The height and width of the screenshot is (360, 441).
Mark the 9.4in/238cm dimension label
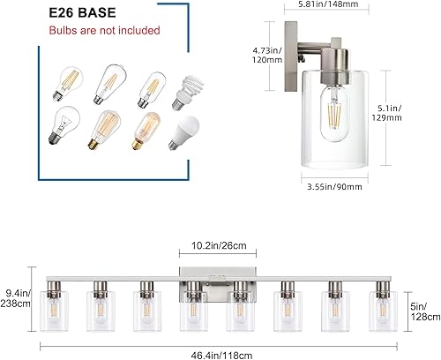[x=15, y=297]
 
